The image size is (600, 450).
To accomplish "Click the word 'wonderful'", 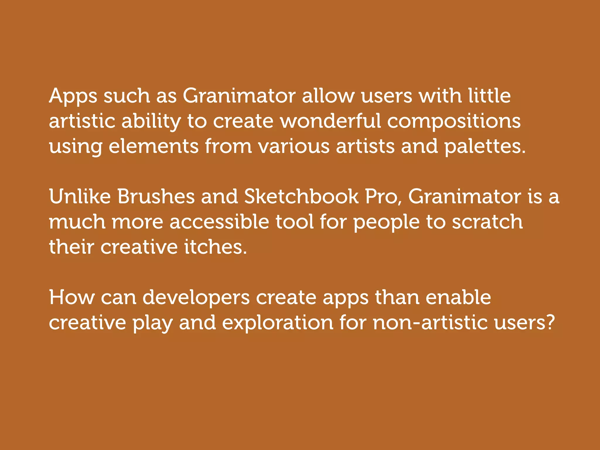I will pyautogui.click(x=331, y=121).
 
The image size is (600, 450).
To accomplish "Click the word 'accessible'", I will pyautogui.click(x=219, y=222).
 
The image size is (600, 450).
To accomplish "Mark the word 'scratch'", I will pyautogui.click(x=487, y=222).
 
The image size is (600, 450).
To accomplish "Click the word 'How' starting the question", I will pyautogui.click(x=72, y=298).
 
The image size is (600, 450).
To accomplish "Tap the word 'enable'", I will pyautogui.click(x=458, y=298).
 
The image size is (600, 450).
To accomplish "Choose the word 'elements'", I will pyautogui.click(x=154, y=146).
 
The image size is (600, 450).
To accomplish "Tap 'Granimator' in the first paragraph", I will pyautogui.click(x=239, y=96).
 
